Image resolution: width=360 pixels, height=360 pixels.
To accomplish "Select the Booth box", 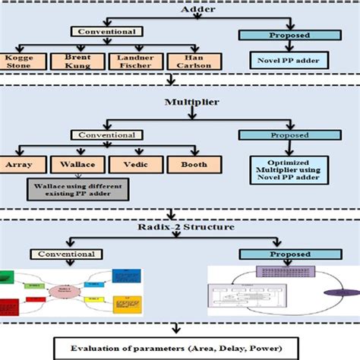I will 194,163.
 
